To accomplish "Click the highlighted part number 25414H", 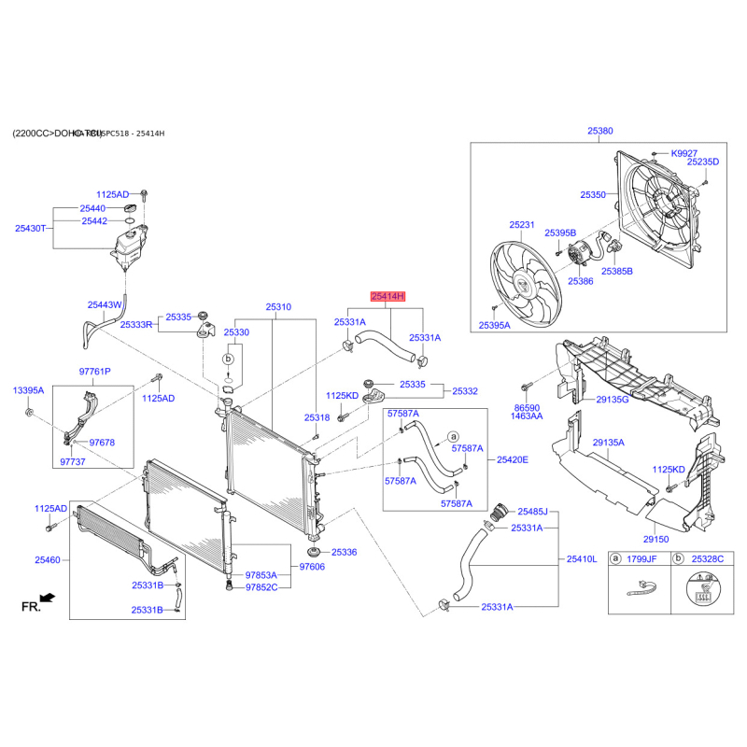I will point(388,296).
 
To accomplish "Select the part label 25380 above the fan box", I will point(600,132).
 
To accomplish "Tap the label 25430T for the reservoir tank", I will point(30,228).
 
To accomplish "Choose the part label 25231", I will point(522,225).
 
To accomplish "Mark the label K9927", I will point(684,151).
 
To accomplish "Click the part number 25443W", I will point(104,304).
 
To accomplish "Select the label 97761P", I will point(93,371).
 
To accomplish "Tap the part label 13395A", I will point(28,389).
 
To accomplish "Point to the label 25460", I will point(48,560).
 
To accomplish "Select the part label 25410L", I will point(581,559).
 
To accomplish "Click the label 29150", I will point(655,539).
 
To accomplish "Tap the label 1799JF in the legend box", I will point(641,558).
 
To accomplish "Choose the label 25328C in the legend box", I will point(707,558).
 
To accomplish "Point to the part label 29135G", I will point(613,400).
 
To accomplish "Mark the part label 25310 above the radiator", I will point(278,306).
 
